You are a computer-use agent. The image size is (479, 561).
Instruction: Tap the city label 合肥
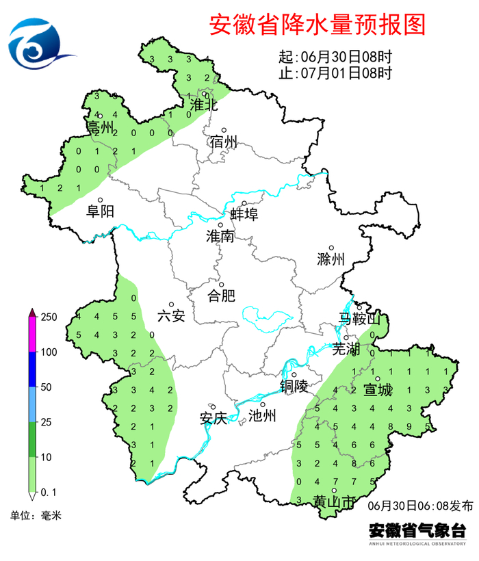pyautogui.click(x=221, y=296)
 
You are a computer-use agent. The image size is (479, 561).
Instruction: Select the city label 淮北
pyautogui.click(x=203, y=105)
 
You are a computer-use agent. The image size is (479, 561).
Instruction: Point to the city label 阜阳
pyautogui.click(x=100, y=211)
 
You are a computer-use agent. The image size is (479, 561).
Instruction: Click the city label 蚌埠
pyautogui.click(x=244, y=214)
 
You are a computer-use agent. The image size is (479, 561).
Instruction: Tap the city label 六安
pyautogui.click(x=171, y=315)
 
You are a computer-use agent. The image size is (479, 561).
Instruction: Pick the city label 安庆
pyautogui.click(x=213, y=417)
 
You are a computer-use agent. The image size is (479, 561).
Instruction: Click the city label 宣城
pyautogui.click(x=378, y=390)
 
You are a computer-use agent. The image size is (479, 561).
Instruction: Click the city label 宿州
pyautogui.click(x=223, y=142)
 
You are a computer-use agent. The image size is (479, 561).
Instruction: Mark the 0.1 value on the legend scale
pyautogui.click(x=49, y=492)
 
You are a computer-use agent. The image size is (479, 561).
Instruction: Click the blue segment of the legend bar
pyautogui.click(x=32, y=369)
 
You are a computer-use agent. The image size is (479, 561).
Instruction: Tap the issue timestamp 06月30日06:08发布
pyautogui.click(x=419, y=506)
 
